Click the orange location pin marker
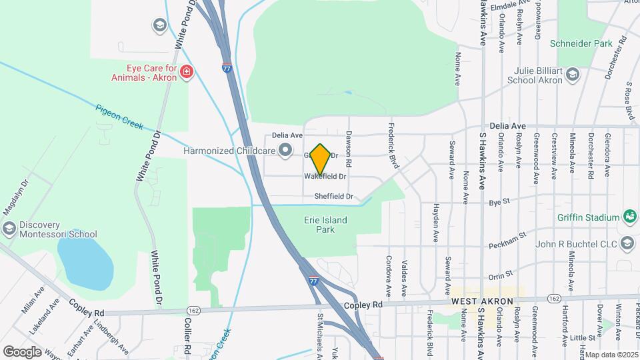point(321,159)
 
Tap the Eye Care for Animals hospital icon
point(187,72)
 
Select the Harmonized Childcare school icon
point(285,151)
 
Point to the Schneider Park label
point(581,43)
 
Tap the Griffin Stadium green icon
point(629,217)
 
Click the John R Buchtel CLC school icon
point(627,244)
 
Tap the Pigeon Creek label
point(119,117)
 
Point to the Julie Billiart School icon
point(572,75)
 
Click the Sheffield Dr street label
point(334,197)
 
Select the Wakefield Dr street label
point(326,177)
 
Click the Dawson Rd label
point(348,148)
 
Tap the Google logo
point(22,351)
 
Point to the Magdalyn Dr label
point(15,197)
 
